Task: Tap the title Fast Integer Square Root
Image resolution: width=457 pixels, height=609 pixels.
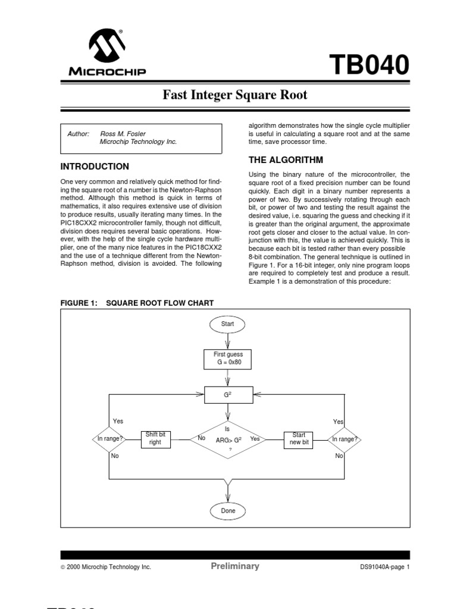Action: coord(236,95)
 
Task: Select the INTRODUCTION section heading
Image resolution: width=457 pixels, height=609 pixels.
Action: coord(95,167)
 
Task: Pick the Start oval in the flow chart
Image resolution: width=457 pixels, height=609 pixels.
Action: coord(227,324)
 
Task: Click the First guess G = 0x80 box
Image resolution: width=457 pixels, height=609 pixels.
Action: coord(228,358)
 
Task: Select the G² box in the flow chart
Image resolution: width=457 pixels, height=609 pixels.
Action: coord(228,394)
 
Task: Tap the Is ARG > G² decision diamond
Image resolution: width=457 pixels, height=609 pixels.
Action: coord(228,440)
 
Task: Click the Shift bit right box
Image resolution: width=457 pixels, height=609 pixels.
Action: coord(155,439)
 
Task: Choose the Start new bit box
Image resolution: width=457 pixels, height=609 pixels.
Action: coord(299,439)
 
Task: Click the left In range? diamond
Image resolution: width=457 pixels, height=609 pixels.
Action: coord(110,439)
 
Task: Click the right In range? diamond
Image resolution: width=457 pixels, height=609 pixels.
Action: coord(345,439)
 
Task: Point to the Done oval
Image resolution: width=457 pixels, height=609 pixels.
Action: coord(228,510)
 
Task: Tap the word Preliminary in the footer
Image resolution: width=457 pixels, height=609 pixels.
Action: coord(235,566)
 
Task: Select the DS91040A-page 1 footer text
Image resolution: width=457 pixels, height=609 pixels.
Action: coord(381,567)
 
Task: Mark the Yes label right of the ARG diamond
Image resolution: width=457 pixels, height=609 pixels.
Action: coord(255,439)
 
